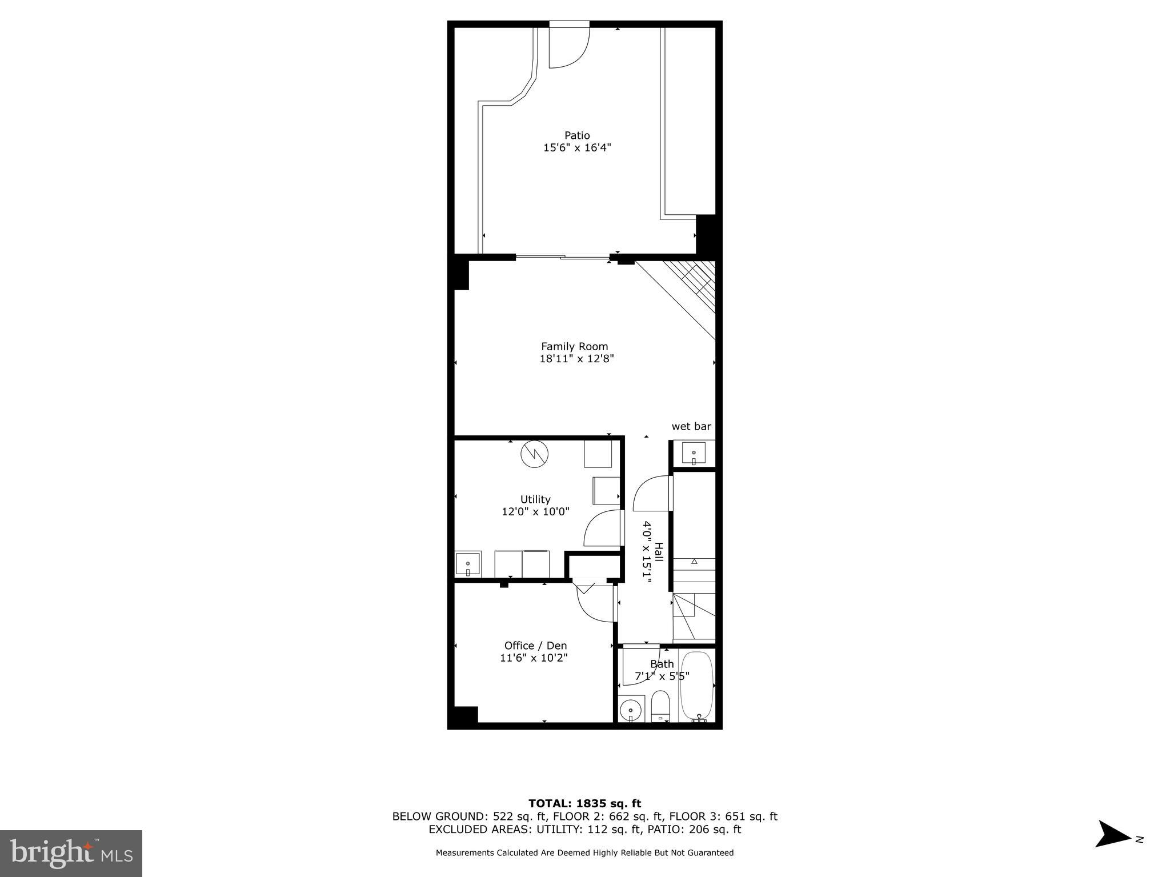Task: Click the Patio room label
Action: [577, 135]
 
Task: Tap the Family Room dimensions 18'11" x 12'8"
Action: [576, 359]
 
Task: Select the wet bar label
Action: [691, 426]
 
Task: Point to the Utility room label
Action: [535, 499]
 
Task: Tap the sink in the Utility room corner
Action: [468, 564]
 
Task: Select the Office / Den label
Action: [535, 646]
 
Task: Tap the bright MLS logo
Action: [71, 854]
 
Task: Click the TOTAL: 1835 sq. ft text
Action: [584, 804]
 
